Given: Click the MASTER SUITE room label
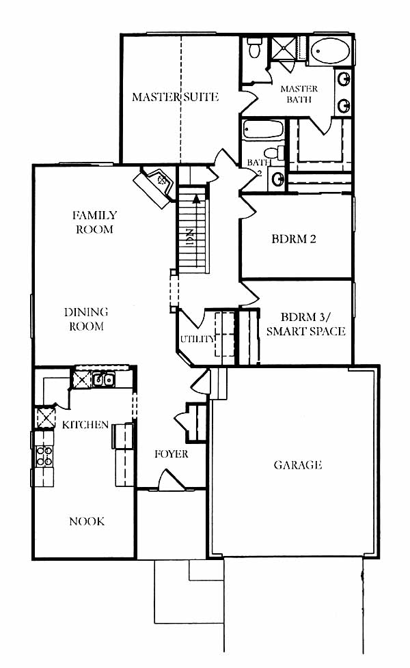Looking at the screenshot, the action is [x=175, y=97].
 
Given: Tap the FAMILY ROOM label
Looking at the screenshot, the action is [x=94, y=222].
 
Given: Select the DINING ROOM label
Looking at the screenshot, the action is [x=86, y=319].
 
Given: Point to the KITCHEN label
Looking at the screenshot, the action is [x=85, y=425].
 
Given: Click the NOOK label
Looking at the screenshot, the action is [x=87, y=521].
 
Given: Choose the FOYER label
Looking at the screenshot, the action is [x=171, y=454].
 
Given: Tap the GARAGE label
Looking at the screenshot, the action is [x=297, y=464].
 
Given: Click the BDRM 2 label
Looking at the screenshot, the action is [x=294, y=238].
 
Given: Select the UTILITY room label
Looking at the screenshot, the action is [x=197, y=339].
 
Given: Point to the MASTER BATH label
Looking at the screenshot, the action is [x=299, y=94].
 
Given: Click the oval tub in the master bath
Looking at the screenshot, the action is [x=330, y=51].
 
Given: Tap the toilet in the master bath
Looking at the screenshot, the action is [x=255, y=48].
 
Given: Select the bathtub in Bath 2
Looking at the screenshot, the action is [x=263, y=130].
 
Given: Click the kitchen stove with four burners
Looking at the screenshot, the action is [x=44, y=456].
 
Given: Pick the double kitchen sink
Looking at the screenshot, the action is [x=104, y=379].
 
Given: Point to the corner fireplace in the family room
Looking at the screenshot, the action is [x=155, y=187].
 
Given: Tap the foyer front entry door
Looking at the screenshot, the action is [x=172, y=481].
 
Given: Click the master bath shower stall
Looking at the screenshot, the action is [x=283, y=48].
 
